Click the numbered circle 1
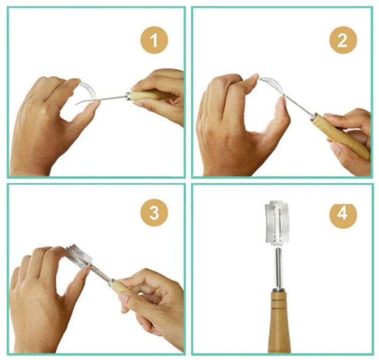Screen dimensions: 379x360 [x=154, y=40]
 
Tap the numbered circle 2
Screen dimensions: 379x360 [x=343, y=40]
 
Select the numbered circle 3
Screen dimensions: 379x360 [x=154, y=213]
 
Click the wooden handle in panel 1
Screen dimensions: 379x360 [x=147, y=95]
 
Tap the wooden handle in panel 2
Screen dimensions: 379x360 [x=341, y=137]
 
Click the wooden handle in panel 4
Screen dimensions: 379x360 [x=279, y=322]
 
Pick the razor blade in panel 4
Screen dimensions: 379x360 [x=277, y=222]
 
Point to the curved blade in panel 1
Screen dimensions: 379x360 [x=88, y=90]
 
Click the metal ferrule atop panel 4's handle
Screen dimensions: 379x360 [x=279, y=290]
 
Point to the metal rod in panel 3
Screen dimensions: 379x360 [x=100, y=273]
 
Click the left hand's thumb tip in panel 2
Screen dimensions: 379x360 [x=282, y=100]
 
